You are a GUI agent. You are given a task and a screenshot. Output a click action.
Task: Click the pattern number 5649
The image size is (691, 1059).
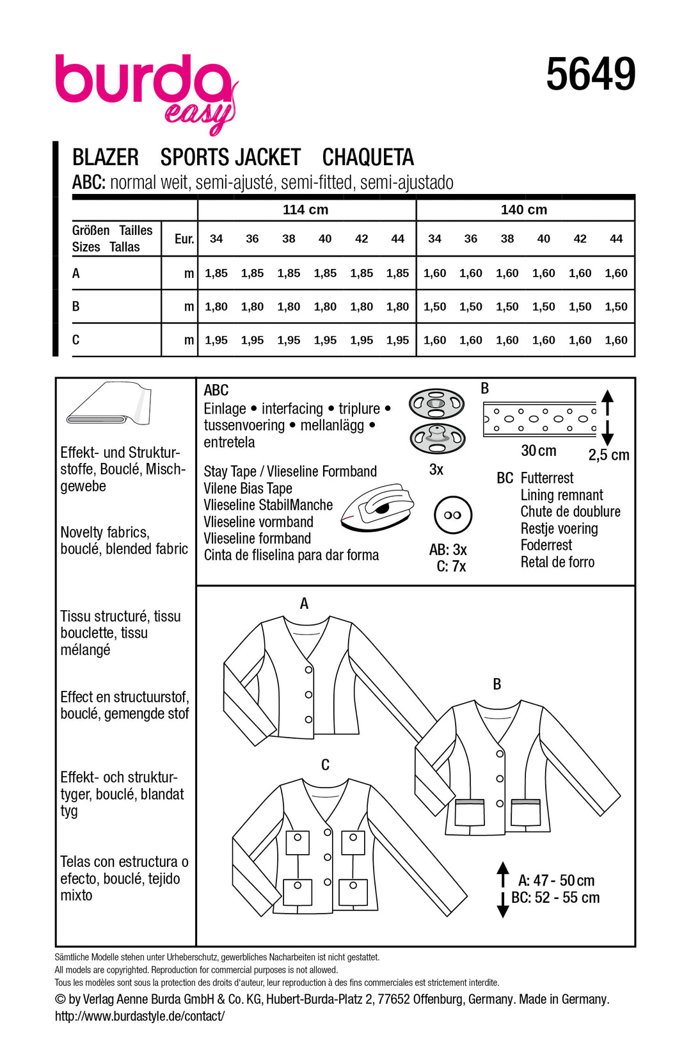(591, 74)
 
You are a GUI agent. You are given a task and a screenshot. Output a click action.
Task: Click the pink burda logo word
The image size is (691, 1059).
(142, 80)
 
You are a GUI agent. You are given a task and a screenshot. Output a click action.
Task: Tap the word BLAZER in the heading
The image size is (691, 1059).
(106, 158)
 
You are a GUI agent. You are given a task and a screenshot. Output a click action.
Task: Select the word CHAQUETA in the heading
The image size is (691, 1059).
(368, 158)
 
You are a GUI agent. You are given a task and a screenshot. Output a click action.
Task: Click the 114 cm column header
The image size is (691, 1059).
(305, 210)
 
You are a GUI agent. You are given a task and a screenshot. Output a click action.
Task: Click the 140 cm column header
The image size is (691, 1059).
(523, 210)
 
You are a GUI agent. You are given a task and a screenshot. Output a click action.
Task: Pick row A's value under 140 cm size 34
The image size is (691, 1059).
(434, 273)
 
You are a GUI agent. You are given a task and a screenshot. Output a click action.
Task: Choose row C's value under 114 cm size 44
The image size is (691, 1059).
(397, 340)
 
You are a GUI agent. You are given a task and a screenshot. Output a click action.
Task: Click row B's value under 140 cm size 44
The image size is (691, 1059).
(616, 307)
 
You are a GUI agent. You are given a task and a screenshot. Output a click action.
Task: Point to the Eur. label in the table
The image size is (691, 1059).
(184, 239)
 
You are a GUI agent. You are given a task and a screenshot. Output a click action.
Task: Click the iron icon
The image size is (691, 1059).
(377, 507)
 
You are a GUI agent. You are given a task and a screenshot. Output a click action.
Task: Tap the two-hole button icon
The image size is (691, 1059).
(452, 515)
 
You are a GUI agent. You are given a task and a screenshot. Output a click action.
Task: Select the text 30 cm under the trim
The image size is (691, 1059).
(538, 451)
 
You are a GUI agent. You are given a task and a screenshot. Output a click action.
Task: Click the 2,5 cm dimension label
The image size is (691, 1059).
(608, 455)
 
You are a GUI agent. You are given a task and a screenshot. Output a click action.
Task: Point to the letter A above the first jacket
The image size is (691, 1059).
(304, 603)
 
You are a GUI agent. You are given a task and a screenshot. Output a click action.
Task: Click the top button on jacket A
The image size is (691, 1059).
(308, 670)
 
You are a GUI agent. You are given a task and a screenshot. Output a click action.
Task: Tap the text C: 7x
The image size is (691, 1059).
(451, 567)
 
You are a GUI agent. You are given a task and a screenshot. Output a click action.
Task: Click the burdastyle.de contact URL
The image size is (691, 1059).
(139, 1016)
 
